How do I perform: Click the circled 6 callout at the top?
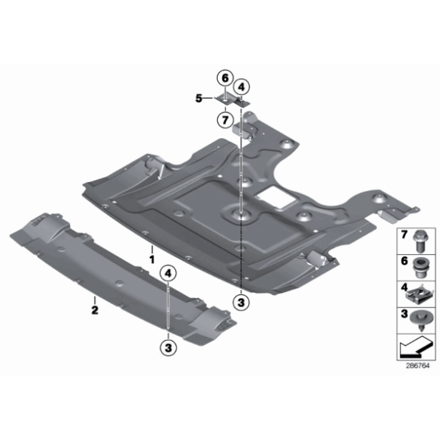[224, 78]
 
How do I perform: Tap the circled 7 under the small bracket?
[224, 119]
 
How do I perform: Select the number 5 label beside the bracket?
[199, 98]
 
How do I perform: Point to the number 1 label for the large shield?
[151, 259]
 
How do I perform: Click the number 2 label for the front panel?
[95, 310]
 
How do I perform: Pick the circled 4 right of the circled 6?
[242, 86]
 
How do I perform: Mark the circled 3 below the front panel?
[168, 347]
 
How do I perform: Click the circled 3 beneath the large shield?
[240, 303]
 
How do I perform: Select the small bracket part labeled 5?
[230, 99]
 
